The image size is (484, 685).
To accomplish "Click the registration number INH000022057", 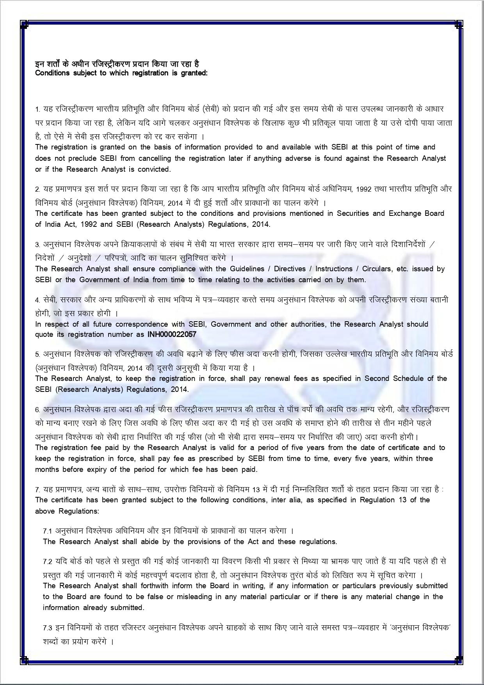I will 172,334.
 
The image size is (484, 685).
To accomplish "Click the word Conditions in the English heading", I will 52,73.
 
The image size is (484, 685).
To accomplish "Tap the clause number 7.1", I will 47,531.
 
